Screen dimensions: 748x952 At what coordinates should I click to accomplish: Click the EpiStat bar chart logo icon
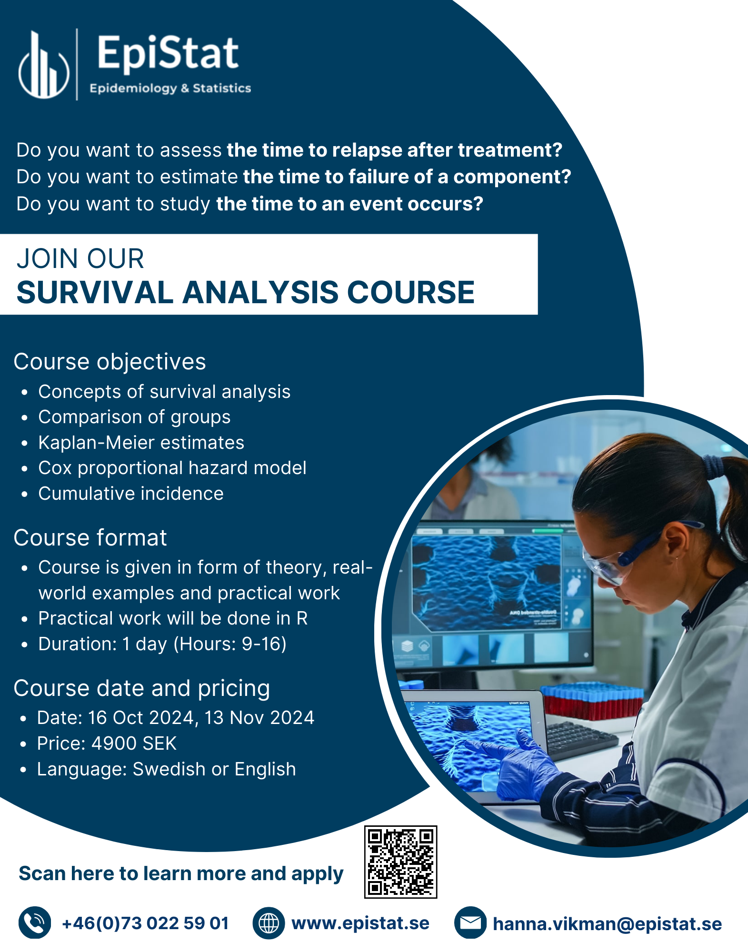pos(44,65)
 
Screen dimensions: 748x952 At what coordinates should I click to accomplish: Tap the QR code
pos(400,862)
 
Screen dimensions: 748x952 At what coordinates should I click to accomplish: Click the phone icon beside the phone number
pos(35,923)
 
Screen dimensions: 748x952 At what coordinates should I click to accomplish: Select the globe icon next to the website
pos(269,923)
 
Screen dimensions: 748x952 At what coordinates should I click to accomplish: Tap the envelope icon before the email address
pos(470,923)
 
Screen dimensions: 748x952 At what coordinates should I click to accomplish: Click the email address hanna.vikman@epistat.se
pos(607,924)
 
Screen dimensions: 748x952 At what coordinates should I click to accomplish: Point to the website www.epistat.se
pos(360,923)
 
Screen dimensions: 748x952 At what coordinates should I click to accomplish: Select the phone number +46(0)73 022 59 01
pos(145,923)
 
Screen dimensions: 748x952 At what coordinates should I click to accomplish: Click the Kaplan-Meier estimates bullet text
pos(141,443)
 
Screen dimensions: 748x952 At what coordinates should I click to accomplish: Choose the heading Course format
pos(90,538)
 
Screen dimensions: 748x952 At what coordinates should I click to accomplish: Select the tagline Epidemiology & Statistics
pos(170,88)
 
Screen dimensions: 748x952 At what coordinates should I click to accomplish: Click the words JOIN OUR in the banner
pos(80,259)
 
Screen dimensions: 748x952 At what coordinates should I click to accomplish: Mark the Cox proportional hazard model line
pos(172,468)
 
